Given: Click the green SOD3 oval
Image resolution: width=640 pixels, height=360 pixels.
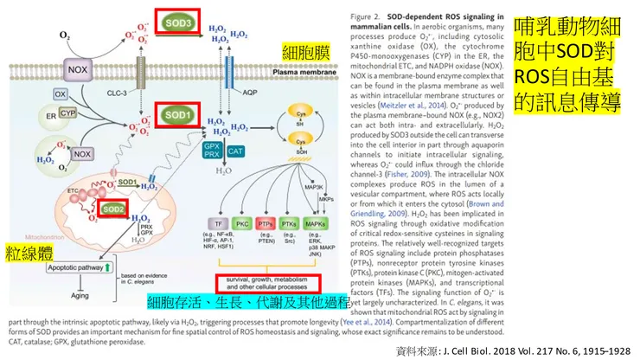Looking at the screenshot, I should click(x=178, y=20).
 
